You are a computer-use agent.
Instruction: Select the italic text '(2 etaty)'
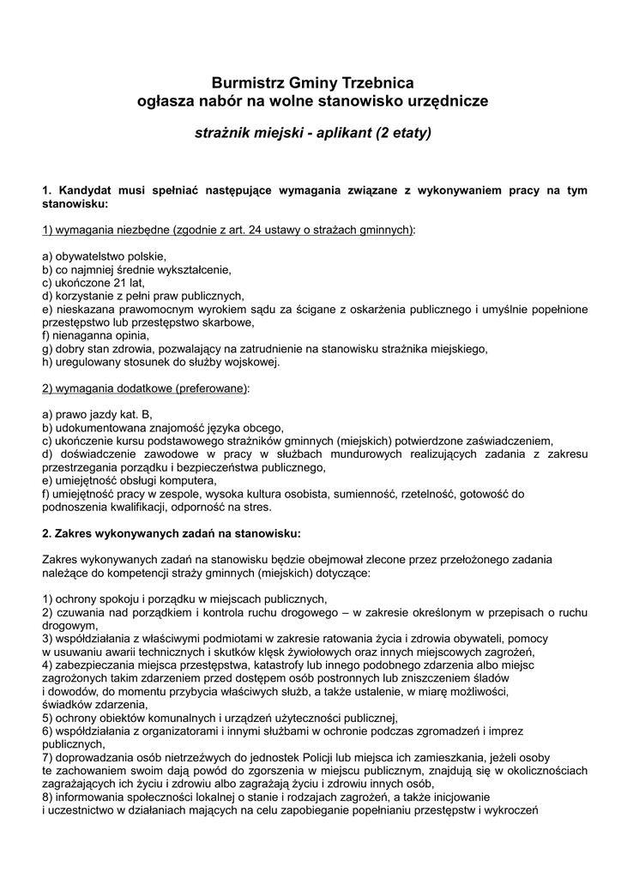point(403,134)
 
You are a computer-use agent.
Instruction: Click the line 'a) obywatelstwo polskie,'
point(104,256)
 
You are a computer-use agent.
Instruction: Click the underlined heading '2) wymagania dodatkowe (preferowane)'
point(145,388)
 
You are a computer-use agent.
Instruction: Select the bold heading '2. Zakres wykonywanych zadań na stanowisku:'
point(171,532)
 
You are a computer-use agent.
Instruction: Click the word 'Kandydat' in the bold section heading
point(85,190)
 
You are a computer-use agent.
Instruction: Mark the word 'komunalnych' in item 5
point(183,718)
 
